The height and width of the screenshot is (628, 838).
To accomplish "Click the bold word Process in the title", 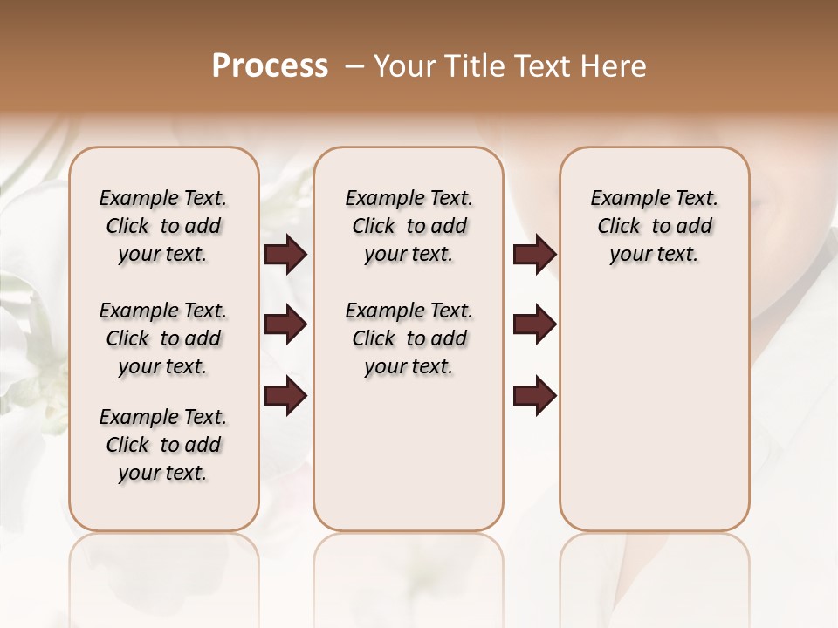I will pos(270,66).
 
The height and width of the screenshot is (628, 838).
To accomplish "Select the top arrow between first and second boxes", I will pos(285,255).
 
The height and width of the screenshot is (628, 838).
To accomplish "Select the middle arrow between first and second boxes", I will pos(285,325).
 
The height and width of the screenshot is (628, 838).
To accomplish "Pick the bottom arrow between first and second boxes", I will pos(285,396).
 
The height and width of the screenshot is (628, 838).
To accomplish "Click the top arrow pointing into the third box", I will pos(534,255).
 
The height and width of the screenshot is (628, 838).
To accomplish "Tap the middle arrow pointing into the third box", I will pos(534,325).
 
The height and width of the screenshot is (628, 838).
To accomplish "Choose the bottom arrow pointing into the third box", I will pos(534,396).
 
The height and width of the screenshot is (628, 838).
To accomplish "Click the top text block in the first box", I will pos(163,226).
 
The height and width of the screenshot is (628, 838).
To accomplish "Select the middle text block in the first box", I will pos(163,338).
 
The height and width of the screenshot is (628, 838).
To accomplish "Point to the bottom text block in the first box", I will pos(163,445).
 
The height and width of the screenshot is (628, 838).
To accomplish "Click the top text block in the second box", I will pos(409,226).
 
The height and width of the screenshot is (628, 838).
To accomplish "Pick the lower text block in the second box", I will pos(409,338).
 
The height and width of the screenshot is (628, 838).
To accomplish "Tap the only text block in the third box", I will pos(655,226).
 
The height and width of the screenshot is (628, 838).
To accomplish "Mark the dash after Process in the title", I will pos(354,66).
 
